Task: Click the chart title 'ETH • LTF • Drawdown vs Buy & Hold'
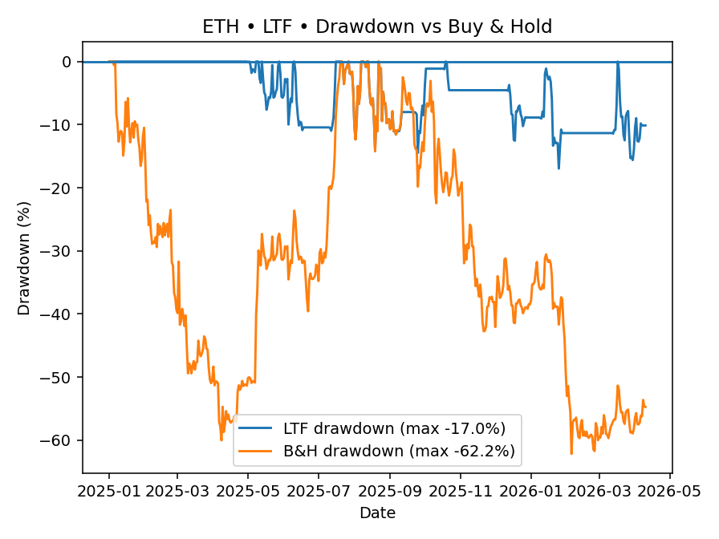coord(376,26)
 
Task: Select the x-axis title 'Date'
coord(376,513)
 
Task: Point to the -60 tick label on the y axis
coord(59,440)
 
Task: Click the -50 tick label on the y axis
coord(59,377)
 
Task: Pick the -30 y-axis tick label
coord(59,251)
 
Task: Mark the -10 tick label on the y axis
coord(59,125)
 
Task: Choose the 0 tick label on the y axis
coord(67,62)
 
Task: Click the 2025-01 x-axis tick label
coord(108,489)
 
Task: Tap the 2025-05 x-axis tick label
coord(248,489)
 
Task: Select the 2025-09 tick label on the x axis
coord(390,489)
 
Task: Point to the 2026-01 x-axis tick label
coord(531,489)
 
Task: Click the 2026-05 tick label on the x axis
coord(671,489)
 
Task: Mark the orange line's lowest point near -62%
coord(571,453)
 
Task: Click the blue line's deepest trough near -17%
coord(559,168)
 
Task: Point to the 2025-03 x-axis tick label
coord(177,489)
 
